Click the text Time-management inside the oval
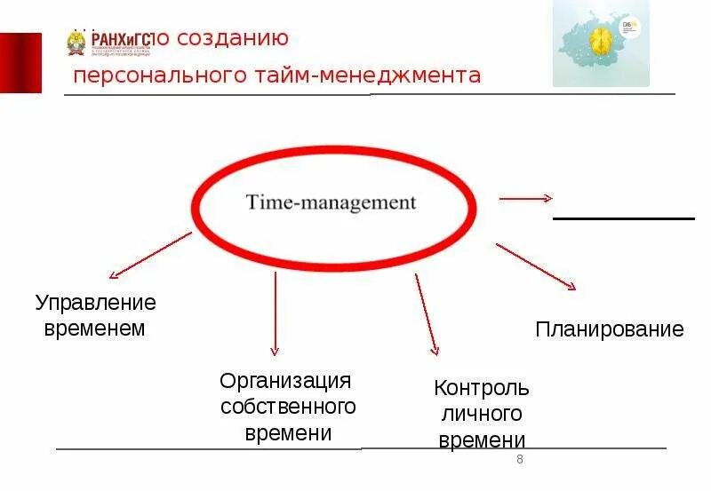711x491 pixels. (330, 202)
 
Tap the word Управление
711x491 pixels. (96, 303)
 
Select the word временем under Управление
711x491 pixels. (90, 329)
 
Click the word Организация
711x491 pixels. (286, 381)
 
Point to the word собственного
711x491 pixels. (288, 407)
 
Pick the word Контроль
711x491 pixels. (481, 388)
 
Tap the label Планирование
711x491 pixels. (610, 330)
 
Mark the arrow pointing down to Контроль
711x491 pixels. (426, 315)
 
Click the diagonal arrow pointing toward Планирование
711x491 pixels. (536, 266)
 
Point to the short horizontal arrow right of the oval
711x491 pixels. (526, 199)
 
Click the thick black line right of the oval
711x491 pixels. (623, 218)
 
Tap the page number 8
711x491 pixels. (519, 459)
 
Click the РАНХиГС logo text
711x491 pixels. (120, 38)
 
